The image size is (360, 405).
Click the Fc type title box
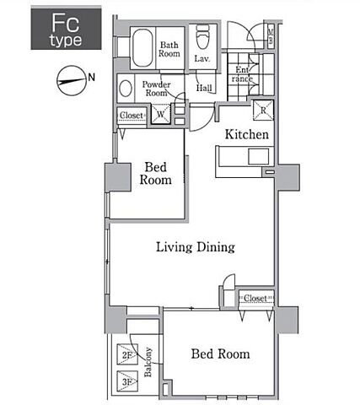click(x=66, y=29)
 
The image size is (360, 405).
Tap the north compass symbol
click(x=72, y=81)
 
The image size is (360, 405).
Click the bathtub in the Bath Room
click(x=142, y=48)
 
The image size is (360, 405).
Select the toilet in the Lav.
click(x=202, y=36)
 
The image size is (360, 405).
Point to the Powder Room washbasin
click(x=126, y=89)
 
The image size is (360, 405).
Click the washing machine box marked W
click(x=161, y=114)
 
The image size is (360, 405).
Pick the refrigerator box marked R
click(x=263, y=110)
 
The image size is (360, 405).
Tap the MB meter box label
click(x=271, y=36)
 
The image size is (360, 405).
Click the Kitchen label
click(x=247, y=134)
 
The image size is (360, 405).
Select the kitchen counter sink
click(x=259, y=157)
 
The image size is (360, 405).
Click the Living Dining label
click(x=196, y=247)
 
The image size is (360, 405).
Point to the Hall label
click(x=204, y=88)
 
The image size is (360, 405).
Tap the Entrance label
click(x=242, y=74)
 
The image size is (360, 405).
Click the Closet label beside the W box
click(x=132, y=116)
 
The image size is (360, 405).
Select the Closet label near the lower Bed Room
click(x=255, y=298)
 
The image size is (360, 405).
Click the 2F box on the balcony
click(x=127, y=354)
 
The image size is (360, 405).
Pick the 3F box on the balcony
click(x=127, y=381)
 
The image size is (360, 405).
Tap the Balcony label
click(x=148, y=362)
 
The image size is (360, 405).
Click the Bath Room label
click(x=169, y=49)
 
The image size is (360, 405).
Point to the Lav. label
click(x=202, y=58)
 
